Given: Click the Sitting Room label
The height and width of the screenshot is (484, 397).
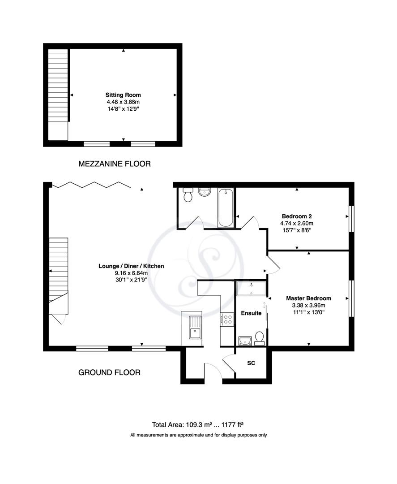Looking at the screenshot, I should tap(123, 95).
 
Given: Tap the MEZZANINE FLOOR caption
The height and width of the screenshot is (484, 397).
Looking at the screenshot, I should tap(115, 164).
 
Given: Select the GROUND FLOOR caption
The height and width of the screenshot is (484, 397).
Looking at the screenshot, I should tap(110, 372).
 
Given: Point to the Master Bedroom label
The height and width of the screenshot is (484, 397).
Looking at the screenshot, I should tap(308, 298).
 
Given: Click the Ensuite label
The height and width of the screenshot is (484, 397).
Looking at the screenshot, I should tap(251, 313).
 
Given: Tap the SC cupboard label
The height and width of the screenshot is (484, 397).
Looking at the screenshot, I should tap(251, 363).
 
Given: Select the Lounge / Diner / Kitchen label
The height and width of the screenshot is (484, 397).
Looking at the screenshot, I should tap(131, 266).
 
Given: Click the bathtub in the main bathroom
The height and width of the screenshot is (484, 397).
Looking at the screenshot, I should tap(225, 208).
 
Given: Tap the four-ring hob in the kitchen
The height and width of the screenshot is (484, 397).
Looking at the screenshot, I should tap(227, 319).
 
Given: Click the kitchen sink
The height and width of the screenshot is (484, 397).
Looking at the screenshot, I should tap(195, 327).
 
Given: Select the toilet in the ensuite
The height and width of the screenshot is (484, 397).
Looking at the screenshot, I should tap(259, 338).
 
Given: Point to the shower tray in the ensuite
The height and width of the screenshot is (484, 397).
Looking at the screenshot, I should tap(251, 289).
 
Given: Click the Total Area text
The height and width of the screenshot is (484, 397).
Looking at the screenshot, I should tap(198, 425).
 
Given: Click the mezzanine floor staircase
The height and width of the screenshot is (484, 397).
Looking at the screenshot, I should tap(58, 85).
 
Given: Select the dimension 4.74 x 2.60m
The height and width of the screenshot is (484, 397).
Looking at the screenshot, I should tap(297, 223).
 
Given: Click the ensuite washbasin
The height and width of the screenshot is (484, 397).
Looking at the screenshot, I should tap(244, 341).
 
